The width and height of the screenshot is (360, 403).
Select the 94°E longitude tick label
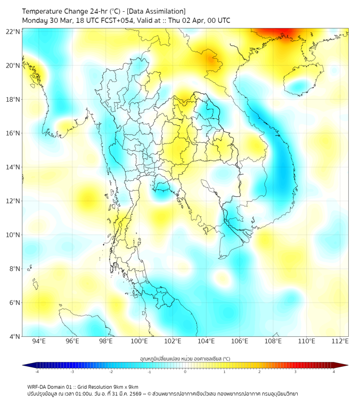pyautogui.click(x=39, y=341)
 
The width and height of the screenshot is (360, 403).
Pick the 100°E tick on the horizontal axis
pyautogui.click(x=140, y=341)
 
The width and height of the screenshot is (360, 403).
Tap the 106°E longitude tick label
pyautogui.click(x=240, y=341)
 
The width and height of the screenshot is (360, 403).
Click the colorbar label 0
pyautogui.click(x=185, y=372)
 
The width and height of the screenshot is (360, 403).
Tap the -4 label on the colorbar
pyautogui.click(x=37, y=372)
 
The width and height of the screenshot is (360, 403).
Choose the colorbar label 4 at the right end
pyautogui.click(x=333, y=372)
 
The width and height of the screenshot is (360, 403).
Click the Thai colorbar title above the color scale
pyautogui.click(x=185, y=359)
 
